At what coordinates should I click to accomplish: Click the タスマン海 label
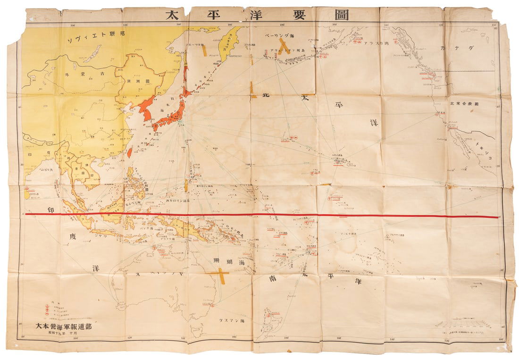point(232,320)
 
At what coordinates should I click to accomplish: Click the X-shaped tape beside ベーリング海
point(283,46)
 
